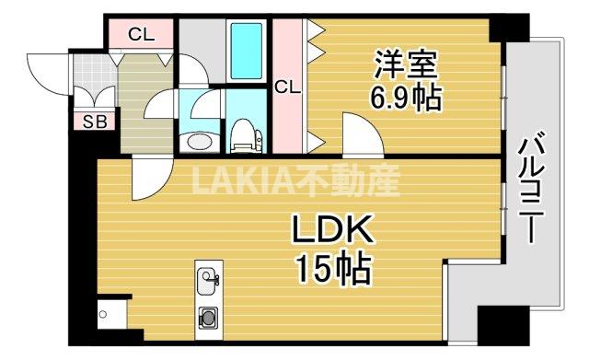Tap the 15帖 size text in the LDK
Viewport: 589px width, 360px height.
[x=332, y=269]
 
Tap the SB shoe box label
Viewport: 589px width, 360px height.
[x=93, y=121]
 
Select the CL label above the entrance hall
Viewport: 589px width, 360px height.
[x=141, y=36]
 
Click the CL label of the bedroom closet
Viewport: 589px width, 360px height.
[x=288, y=87]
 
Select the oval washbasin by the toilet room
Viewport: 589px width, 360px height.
[x=195, y=141]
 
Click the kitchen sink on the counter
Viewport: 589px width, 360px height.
[x=207, y=278]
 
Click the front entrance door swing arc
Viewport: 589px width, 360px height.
[x=44, y=66]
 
